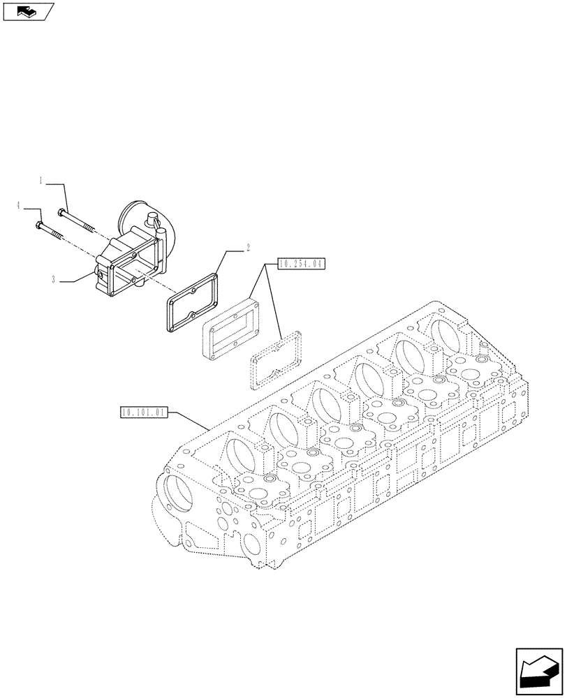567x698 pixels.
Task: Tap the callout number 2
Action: pyautogui.click(x=247, y=247)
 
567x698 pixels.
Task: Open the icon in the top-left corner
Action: pyautogui.click(x=29, y=11)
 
